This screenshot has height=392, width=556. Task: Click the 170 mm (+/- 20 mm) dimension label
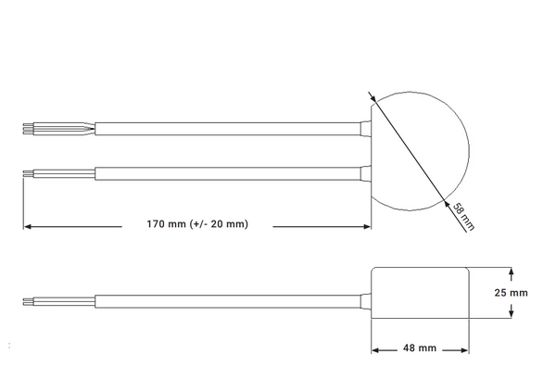point(196,225)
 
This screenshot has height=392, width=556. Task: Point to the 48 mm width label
point(420,349)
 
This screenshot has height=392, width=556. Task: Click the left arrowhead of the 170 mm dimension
point(28,225)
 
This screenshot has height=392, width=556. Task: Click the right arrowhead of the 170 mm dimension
point(367,225)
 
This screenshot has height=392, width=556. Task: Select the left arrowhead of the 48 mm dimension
point(376,349)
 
